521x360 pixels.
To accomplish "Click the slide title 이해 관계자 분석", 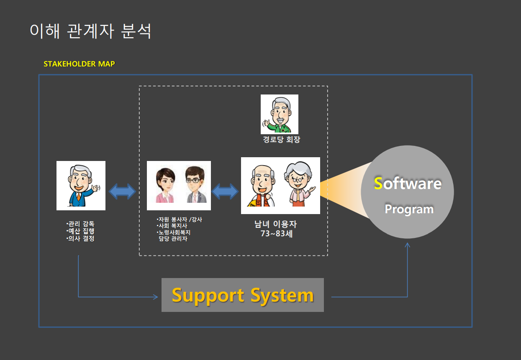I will pyautogui.click(x=90, y=31).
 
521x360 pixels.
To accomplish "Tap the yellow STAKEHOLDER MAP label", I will pyautogui.click(x=79, y=64).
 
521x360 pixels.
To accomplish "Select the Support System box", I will pyautogui.click(x=243, y=295).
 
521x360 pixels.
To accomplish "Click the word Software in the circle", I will pyautogui.click(x=408, y=184).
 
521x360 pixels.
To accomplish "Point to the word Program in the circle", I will pyautogui.click(x=409, y=209).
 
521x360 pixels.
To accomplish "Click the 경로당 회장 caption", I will pyautogui.click(x=281, y=140).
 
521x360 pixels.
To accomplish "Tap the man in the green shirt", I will pyautogui.click(x=279, y=114).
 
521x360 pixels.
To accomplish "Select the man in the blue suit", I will pyautogui.click(x=81, y=185).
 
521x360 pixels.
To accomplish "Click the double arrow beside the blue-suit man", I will pyautogui.click(x=122, y=192).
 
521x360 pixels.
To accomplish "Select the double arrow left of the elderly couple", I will pyautogui.click(x=225, y=191).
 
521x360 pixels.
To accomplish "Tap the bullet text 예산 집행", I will pyautogui.click(x=81, y=231).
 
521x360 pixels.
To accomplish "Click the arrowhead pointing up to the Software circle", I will pyautogui.click(x=408, y=245).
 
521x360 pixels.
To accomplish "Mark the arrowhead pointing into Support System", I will pyautogui.click(x=155, y=297).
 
